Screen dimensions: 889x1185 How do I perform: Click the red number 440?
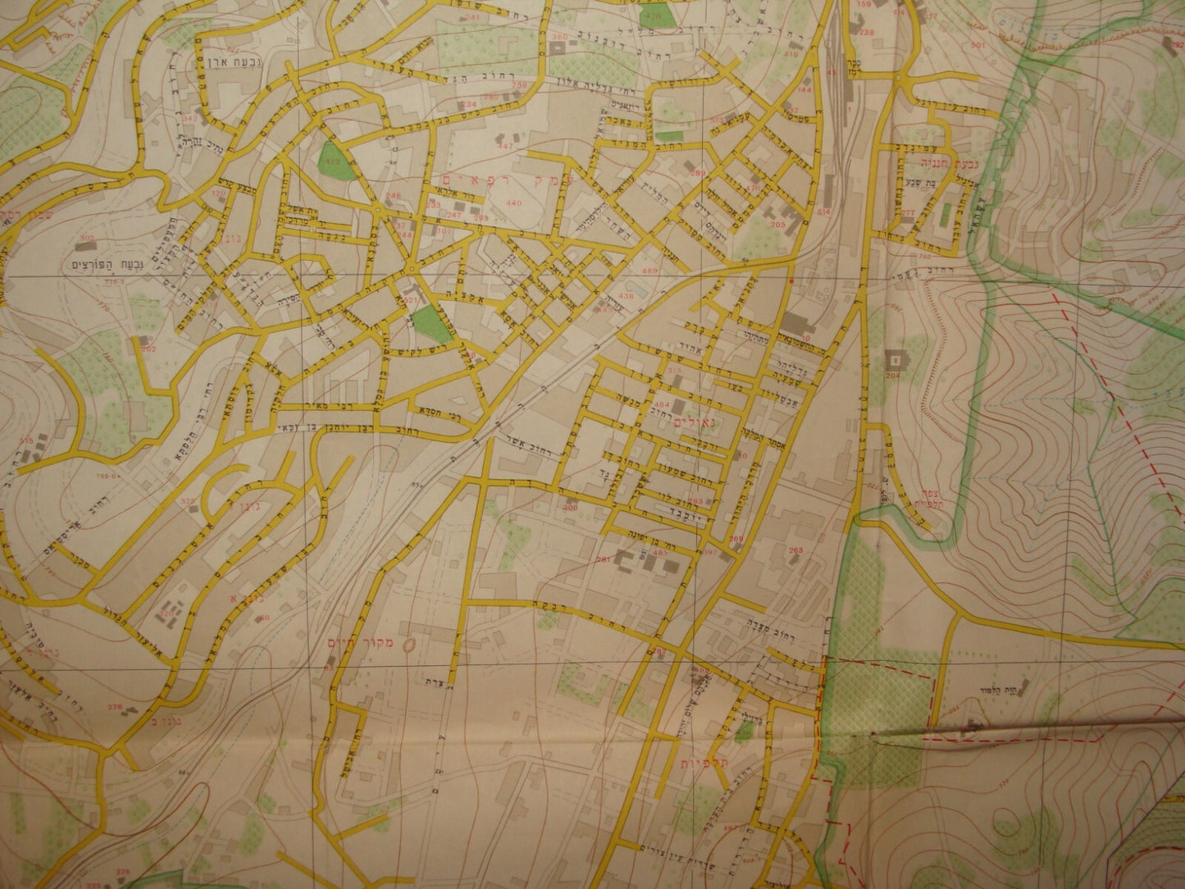click(x=514, y=203)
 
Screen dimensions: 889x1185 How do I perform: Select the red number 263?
click(x=795, y=549)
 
